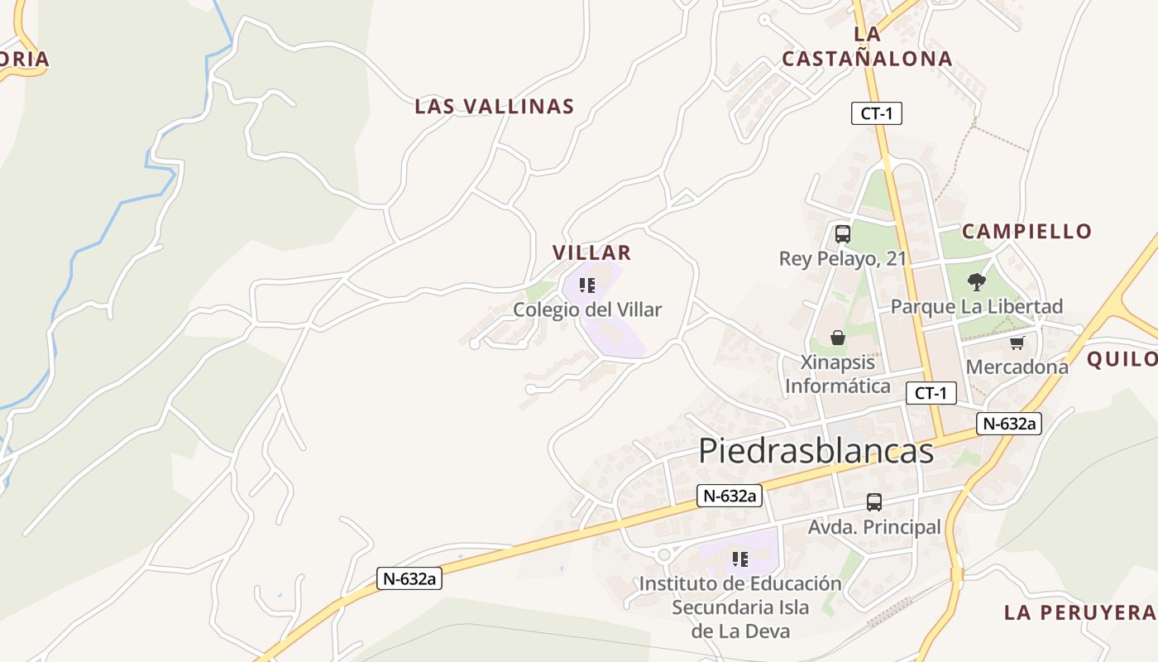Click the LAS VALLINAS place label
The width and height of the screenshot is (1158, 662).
pos(494,107)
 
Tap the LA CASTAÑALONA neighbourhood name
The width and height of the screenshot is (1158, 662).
pos(867,46)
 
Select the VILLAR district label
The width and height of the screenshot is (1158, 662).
pos(591,252)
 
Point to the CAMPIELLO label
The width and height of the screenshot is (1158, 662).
pos(1027,231)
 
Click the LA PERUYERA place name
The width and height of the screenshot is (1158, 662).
pos(1079,612)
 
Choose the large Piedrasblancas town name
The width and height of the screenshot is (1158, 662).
pos(816,451)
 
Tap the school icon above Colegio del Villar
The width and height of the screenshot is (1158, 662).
pos(587,286)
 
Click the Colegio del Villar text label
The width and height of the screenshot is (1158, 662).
pos(587,309)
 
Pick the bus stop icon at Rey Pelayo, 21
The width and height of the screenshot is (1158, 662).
pos(843,234)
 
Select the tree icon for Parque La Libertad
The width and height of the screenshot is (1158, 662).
pos(977,282)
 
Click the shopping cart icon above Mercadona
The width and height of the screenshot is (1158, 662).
pos(1017,343)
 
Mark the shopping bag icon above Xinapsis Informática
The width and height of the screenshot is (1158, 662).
pos(838,338)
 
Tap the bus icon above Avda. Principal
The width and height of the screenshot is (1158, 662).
pos(874,501)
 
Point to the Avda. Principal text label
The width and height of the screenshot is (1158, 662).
pos(874,527)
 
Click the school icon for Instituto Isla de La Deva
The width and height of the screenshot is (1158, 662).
pos(740,559)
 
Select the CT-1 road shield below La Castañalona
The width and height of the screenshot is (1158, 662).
pos(876,113)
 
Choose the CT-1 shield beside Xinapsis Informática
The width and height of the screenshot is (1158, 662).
pos(931,393)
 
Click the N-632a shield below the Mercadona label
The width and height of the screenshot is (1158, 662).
pos(1008,424)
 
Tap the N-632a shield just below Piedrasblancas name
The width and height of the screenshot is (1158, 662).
pos(729,496)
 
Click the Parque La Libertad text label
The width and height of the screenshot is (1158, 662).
pos(976,307)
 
